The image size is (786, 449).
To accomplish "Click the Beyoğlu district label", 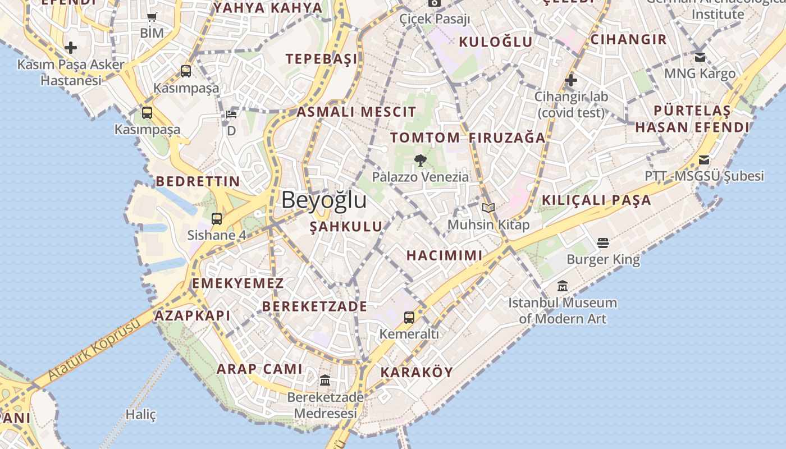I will [x=324, y=200].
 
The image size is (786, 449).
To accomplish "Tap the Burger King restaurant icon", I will [x=603, y=243].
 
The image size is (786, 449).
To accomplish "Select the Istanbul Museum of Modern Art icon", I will [x=563, y=286].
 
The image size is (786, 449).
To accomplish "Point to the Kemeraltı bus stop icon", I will [x=409, y=318].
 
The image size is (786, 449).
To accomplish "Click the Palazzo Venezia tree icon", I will [x=420, y=161].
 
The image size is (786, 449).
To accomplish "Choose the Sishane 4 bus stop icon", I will [x=217, y=219].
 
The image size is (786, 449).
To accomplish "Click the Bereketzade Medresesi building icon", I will [x=325, y=381].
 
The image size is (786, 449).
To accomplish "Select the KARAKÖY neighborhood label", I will [x=417, y=373].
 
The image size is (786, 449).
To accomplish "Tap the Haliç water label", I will [x=140, y=415].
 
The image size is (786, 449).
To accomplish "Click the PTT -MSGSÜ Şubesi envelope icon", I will [x=704, y=160].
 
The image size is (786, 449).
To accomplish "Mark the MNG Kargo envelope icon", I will [x=700, y=57].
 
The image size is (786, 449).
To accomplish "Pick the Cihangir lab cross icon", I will [x=571, y=80].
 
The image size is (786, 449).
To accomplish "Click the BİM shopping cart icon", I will [x=152, y=17].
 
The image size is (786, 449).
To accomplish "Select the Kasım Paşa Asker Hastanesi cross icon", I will [x=71, y=48].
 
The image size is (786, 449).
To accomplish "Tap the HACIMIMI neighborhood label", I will [x=444, y=256].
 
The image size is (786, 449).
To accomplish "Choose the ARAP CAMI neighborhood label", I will [x=259, y=369].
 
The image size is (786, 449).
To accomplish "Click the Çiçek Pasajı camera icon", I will [x=435, y=3].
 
